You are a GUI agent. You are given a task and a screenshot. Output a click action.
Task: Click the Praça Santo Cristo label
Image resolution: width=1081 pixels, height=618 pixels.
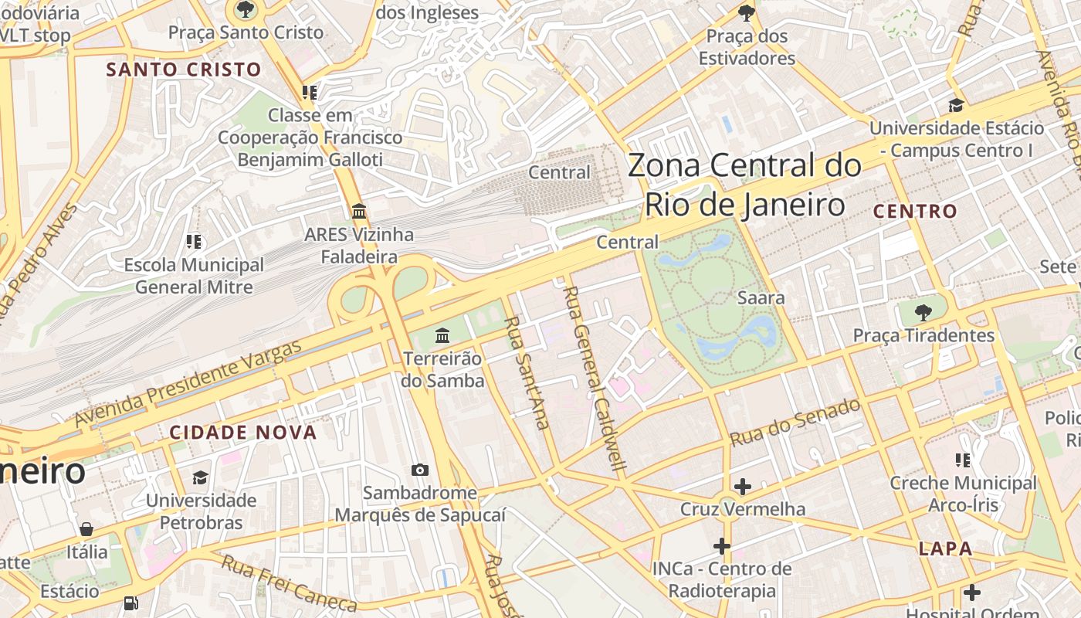pos(246,32)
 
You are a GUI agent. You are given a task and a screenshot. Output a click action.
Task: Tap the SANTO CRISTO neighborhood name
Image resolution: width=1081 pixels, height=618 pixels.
pos(184,70)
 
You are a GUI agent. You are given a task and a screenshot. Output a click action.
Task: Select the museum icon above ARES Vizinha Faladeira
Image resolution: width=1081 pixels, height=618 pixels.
pos(359,211)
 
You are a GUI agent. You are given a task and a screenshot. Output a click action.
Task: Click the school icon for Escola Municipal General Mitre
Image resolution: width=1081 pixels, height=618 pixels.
pos(194,242)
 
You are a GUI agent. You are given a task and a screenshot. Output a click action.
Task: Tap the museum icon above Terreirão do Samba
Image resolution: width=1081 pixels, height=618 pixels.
pos(442,335)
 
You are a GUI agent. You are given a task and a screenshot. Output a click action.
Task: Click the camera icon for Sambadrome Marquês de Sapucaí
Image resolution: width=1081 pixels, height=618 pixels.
pos(420,470)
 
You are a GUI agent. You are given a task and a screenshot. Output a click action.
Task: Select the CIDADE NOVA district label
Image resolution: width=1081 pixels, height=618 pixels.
pos(243,433)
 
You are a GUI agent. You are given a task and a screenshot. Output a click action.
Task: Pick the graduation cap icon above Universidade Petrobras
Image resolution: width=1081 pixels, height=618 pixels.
pos(201,477)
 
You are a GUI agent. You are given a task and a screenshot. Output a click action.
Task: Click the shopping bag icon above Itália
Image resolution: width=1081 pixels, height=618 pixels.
pos(86,529)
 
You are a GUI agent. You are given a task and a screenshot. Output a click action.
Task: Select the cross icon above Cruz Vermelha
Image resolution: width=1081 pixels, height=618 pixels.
pos(743,487)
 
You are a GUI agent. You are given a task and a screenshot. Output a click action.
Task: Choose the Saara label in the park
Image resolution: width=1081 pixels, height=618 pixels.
pos(761,298)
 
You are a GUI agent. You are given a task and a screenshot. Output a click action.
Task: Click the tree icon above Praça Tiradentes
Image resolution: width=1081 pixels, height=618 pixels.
pos(923,313)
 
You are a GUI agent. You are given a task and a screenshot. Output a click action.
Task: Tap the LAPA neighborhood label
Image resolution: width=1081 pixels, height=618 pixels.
pos(945,549)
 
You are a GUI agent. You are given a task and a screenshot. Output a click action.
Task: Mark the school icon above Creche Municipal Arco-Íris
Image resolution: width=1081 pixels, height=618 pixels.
pos(963,460)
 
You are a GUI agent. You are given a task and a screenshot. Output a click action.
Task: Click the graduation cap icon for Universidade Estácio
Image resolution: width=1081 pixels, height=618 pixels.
pos(956,106)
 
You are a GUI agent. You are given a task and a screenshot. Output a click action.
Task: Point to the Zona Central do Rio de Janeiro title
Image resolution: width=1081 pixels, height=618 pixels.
pos(744,185)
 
